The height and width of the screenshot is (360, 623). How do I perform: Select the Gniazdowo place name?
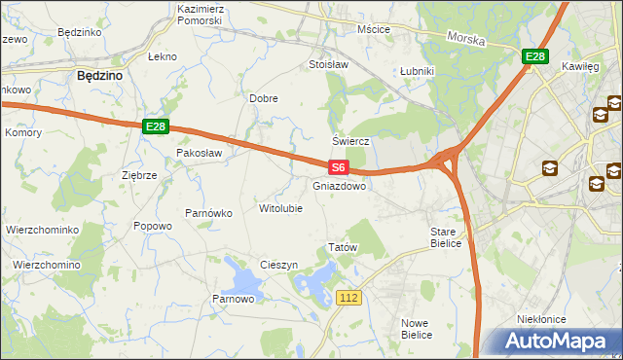340,186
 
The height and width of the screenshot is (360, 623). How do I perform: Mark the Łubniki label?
417,72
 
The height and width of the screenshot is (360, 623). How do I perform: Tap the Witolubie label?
279,208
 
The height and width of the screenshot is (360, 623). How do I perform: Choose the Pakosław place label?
200,154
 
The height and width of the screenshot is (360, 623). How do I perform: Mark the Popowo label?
153,226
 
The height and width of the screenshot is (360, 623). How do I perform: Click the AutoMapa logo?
558,341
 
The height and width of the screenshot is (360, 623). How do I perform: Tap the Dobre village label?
264,98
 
